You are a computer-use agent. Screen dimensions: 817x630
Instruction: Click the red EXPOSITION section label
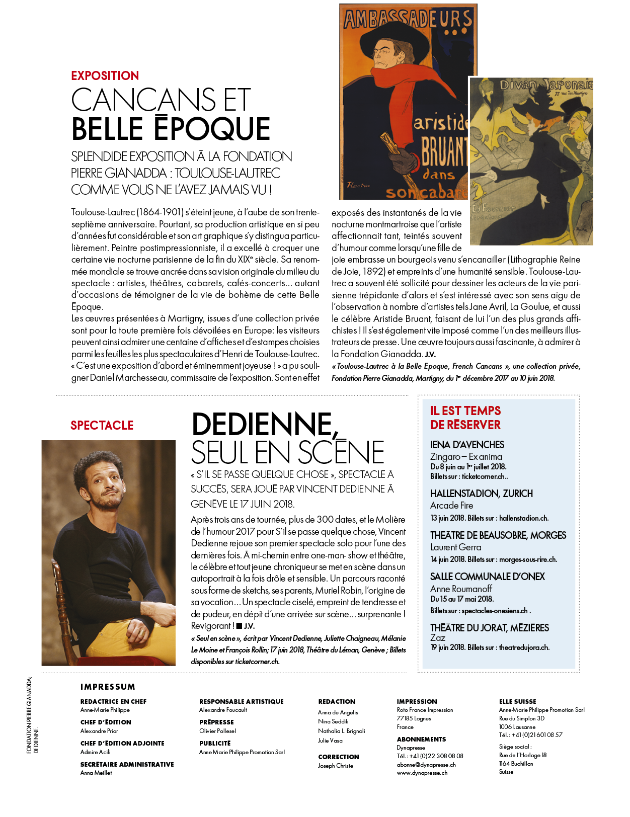(105, 76)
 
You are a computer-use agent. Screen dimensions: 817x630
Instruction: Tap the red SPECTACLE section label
(102, 426)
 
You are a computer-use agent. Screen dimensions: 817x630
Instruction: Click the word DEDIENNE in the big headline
(262, 425)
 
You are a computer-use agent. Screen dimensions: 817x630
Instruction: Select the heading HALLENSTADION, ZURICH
(481, 494)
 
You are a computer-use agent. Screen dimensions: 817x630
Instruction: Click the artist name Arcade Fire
(451, 506)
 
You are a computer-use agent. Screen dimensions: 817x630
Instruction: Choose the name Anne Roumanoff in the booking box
(461, 589)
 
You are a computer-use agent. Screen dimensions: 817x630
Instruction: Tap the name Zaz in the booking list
(437, 638)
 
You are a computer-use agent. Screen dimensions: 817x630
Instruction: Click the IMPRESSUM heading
(108, 687)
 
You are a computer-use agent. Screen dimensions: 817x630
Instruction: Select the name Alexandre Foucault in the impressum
(223, 710)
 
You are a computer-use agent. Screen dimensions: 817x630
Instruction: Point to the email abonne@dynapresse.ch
(426, 765)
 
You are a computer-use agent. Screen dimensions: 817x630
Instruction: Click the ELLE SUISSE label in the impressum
(517, 701)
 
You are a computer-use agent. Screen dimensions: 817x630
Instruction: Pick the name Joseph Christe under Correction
(335, 766)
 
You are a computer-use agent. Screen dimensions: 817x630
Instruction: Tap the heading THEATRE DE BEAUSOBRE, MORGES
(498, 535)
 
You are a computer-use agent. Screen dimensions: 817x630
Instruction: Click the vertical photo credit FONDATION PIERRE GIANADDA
(29, 715)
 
